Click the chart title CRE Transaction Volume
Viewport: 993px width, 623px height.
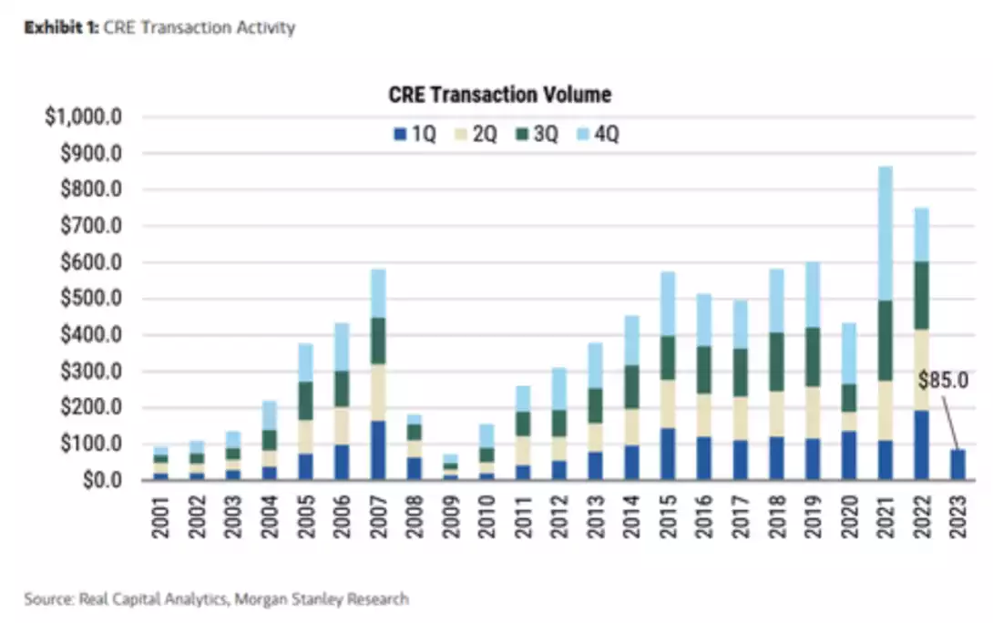[499, 95]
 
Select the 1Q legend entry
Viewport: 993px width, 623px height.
[415, 134]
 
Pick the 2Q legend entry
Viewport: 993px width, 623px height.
[475, 134]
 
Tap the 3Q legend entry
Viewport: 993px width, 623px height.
[535, 134]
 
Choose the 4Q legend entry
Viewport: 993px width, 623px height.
[596, 134]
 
